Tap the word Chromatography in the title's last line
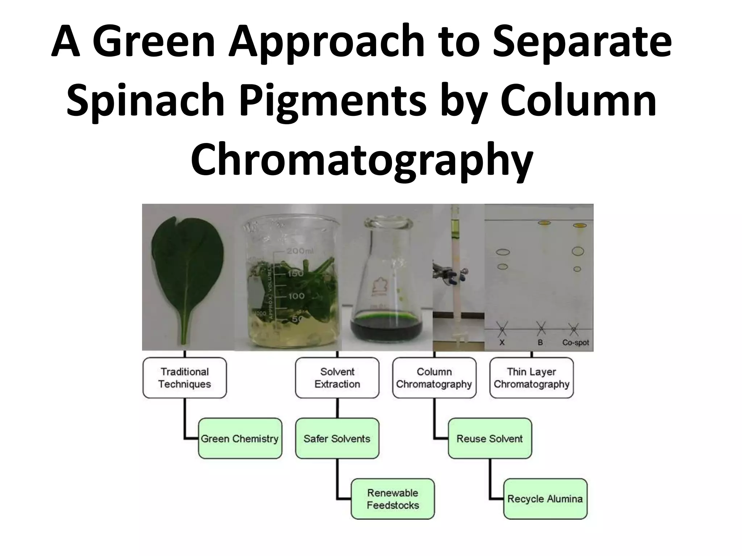tap(362, 159)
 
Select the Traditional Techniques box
tap(184, 378)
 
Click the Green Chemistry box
tap(240, 439)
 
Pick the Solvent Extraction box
tap(337, 378)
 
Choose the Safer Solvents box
tap(337, 439)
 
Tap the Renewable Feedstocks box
tap(393, 499)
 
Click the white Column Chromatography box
tap(434, 378)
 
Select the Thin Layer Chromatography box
tap(532, 378)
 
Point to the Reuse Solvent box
tap(489, 439)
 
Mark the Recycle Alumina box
tap(545, 499)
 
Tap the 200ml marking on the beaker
tap(300, 251)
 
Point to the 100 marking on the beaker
tap(296, 296)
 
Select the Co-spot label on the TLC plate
tap(575, 342)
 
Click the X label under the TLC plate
tap(502, 342)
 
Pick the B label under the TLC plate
tap(540, 342)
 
